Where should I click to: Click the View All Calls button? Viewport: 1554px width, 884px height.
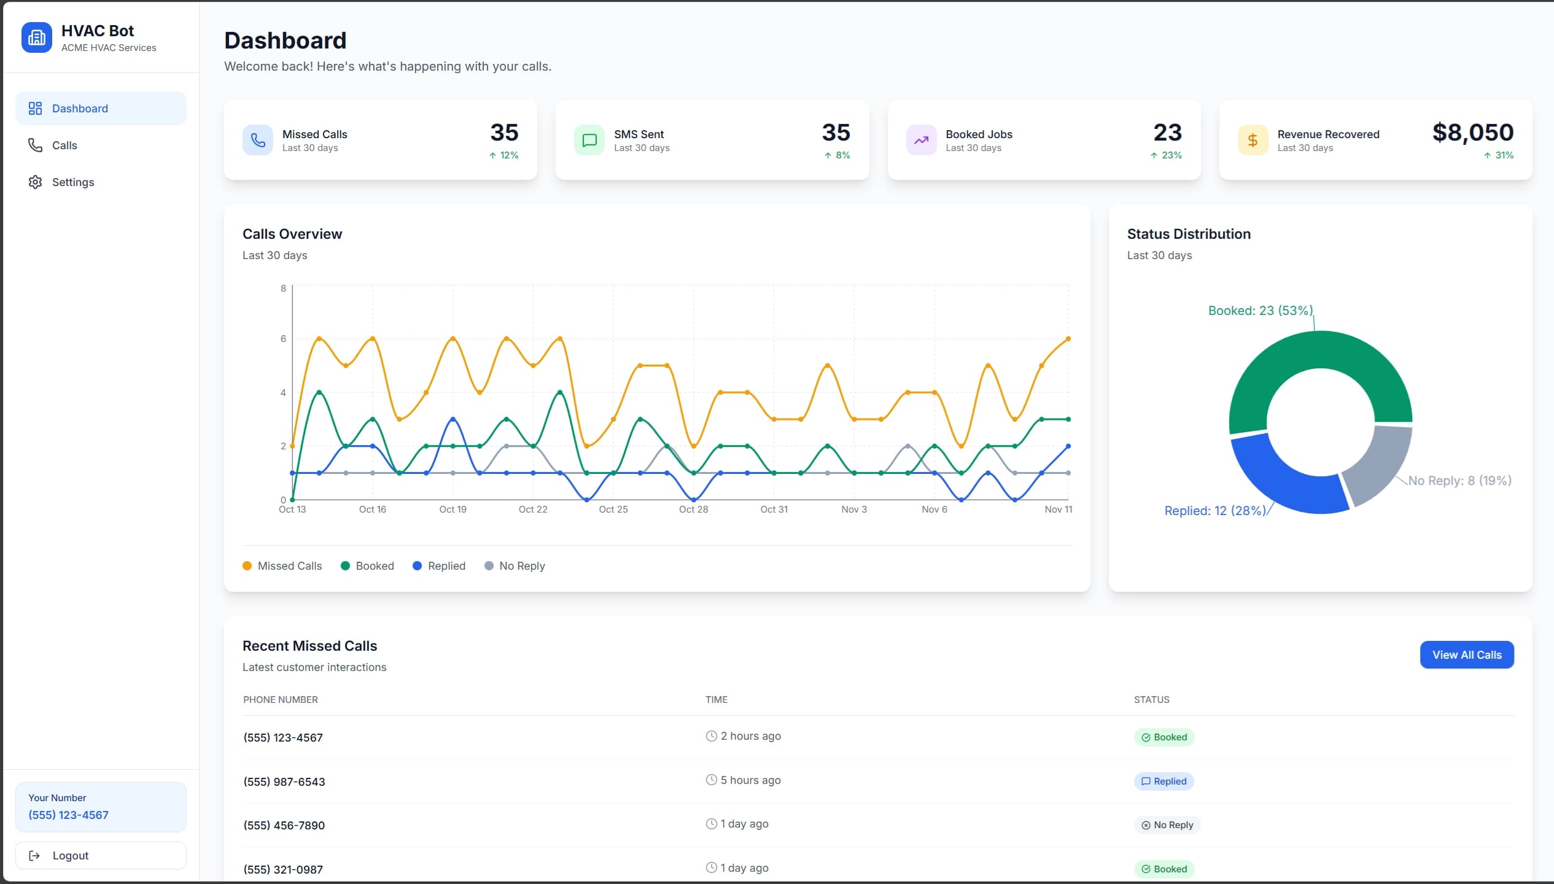1466,655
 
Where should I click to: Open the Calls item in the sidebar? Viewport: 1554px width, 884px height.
64,145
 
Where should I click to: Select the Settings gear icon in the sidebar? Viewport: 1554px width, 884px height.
35,182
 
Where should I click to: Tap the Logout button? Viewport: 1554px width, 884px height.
101,855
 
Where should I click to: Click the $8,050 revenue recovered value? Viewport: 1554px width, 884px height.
1472,133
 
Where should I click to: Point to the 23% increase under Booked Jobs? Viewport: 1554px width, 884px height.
1166,155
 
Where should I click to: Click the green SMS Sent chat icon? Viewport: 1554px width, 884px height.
589,141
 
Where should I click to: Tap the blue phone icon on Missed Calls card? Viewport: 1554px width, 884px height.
258,141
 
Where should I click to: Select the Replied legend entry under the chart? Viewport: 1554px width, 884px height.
439,566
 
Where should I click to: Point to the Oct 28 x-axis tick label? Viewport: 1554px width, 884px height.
693,510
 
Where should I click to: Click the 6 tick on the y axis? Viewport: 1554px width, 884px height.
283,339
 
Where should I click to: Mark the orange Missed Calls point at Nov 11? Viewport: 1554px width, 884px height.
1068,339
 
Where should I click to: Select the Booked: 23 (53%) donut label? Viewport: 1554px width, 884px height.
1260,311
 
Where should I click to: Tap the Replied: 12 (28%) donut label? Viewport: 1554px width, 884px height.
1214,511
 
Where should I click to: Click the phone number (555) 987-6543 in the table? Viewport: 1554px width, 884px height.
284,781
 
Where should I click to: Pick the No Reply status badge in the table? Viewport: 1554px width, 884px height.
1167,825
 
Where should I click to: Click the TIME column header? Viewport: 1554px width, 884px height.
716,700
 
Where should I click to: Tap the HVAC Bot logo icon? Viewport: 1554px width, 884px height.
37,38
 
